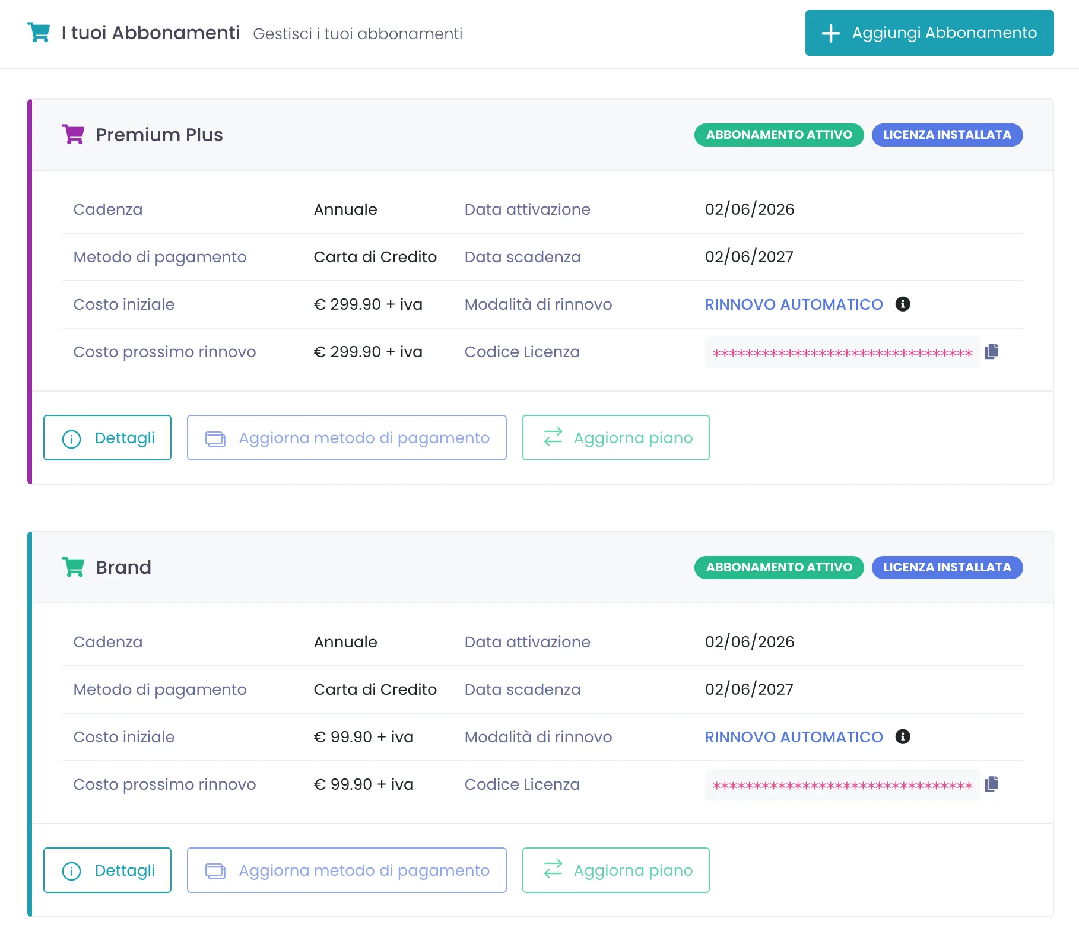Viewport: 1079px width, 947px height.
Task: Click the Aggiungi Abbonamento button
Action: [x=929, y=33]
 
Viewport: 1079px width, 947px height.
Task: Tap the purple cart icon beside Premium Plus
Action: [x=73, y=134]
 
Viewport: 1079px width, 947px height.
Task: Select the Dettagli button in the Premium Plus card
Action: [x=107, y=438]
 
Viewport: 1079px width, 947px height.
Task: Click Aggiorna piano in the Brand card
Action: [x=615, y=870]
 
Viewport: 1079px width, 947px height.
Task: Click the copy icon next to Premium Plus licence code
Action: [x=992, y=351]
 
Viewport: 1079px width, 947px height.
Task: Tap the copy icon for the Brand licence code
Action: [x=992, y=784]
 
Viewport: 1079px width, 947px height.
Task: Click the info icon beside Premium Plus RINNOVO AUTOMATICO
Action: [x=903, y=304]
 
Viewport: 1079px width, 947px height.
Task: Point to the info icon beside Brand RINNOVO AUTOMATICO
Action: [x=903, y=736]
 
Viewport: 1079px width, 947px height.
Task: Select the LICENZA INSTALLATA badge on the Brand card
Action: [x=947, y=567]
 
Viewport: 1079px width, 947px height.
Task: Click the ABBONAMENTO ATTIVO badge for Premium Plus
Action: [x=779, y=135]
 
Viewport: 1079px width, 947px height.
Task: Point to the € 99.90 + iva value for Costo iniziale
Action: [x=363, y=737]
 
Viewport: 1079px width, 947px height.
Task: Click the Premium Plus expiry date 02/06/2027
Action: [x=749, y=257]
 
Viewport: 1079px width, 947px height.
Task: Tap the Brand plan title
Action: [x=123, y=567]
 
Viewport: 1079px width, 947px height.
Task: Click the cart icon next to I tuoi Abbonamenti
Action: [x=39, y=32]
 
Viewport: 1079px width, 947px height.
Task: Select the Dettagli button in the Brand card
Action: [x=107, y=870]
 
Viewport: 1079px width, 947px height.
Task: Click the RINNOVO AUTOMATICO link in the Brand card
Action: [x=794, y=737]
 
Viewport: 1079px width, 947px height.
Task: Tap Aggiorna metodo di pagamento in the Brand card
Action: [x=347, y=870]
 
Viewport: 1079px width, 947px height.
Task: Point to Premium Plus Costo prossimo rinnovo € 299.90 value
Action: [x=368, y=352]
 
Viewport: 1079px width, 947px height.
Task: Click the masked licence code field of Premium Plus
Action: [x=842, y=353]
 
